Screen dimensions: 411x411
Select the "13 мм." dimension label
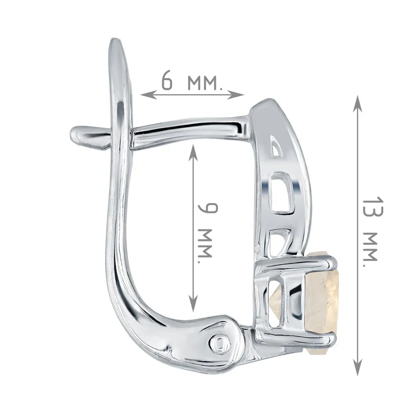[x=372, y=232]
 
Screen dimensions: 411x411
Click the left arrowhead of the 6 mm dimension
[x=148, y=94]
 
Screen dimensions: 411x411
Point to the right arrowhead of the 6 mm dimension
[x=236, y=94]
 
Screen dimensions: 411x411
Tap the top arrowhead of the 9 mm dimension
[x=193, y=153]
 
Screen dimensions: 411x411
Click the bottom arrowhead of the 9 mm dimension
[x=193, y=303]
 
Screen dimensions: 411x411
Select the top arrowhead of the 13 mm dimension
[x=358, y=104]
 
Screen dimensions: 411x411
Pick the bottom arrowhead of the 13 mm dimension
[x=358, y=367]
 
